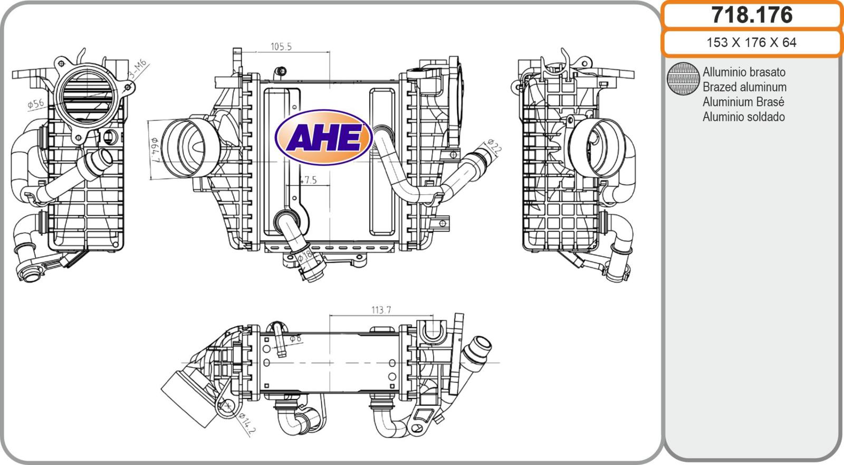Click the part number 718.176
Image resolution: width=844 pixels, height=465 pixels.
pyautogui.click(x=752, y=15)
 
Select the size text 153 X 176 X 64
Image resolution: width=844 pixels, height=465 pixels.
pyautogui.click(x=751, y=43)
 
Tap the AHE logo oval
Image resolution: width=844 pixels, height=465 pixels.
pyautogui.click(x=324, y=137)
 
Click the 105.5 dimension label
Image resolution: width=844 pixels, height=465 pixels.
pyautogui.click(x=281, y=47)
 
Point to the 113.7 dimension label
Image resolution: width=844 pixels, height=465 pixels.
pyautogui.click(x=381, y=310)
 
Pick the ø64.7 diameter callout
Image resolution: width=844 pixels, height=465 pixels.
pyautogui.click(x=155, y=150)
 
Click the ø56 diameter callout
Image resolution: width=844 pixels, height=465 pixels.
pyautogui.click(x=36, y=103)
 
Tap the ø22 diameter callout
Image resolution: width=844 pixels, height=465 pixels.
pyautogui.click(x=494, y=146)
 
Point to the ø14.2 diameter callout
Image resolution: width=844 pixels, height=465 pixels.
pyautogui.click(x=247, y=424)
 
